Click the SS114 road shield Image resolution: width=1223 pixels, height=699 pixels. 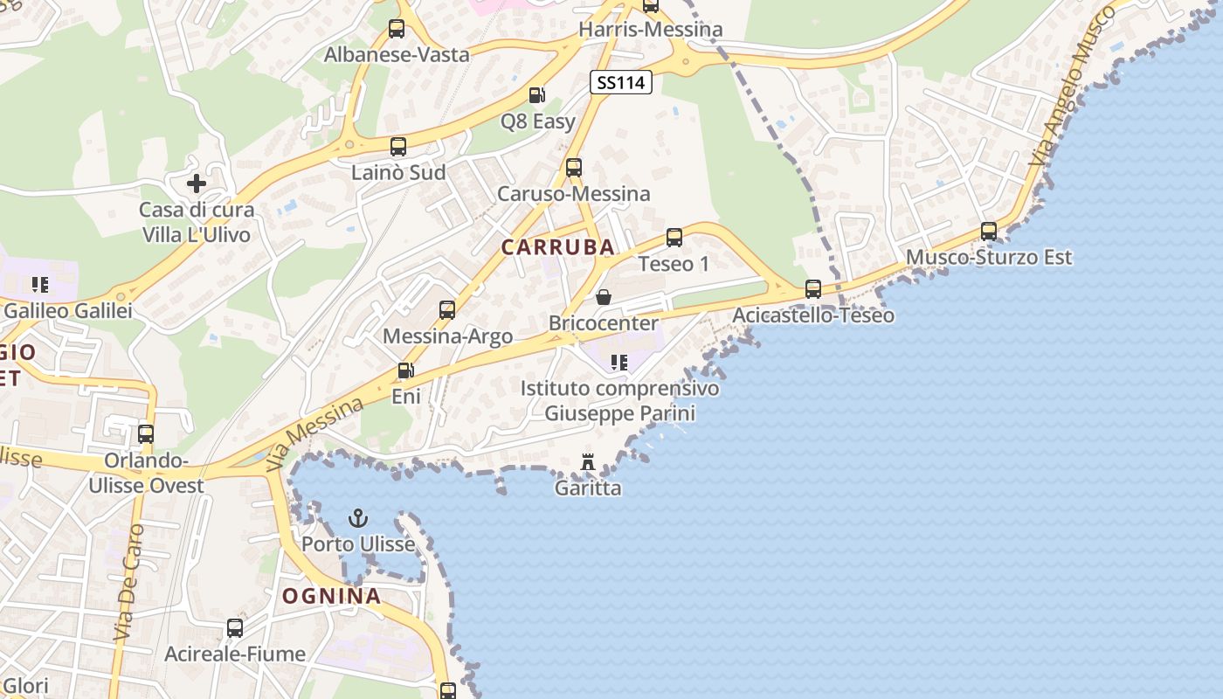(621, 83)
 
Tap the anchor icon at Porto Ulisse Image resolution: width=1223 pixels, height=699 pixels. (358, 519)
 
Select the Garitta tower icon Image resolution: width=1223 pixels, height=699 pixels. (588, 461)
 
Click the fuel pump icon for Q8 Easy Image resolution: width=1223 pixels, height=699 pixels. (537, 95)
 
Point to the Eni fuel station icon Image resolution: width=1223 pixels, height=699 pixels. (404, 370)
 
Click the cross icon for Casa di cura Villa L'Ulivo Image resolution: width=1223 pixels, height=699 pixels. (197, 183)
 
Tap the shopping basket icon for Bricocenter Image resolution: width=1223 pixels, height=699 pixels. (603, 297)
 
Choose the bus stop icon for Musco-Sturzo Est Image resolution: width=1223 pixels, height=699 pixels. (988, 232)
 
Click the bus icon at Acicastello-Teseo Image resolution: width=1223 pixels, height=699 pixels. (812, 288)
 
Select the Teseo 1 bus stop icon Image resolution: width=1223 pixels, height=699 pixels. (674, 237)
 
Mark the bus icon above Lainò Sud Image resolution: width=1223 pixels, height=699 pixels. (398, 147)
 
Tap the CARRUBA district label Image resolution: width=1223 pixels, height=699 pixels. (558, 247)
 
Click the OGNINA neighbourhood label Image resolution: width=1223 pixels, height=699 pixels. (331, 597)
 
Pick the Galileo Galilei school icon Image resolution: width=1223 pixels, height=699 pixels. (39, 284)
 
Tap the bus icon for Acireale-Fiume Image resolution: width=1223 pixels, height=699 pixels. (235, 627)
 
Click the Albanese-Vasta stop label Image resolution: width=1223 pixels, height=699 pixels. (397, 54)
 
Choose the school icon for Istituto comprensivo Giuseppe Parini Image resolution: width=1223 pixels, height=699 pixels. (619, 362)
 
